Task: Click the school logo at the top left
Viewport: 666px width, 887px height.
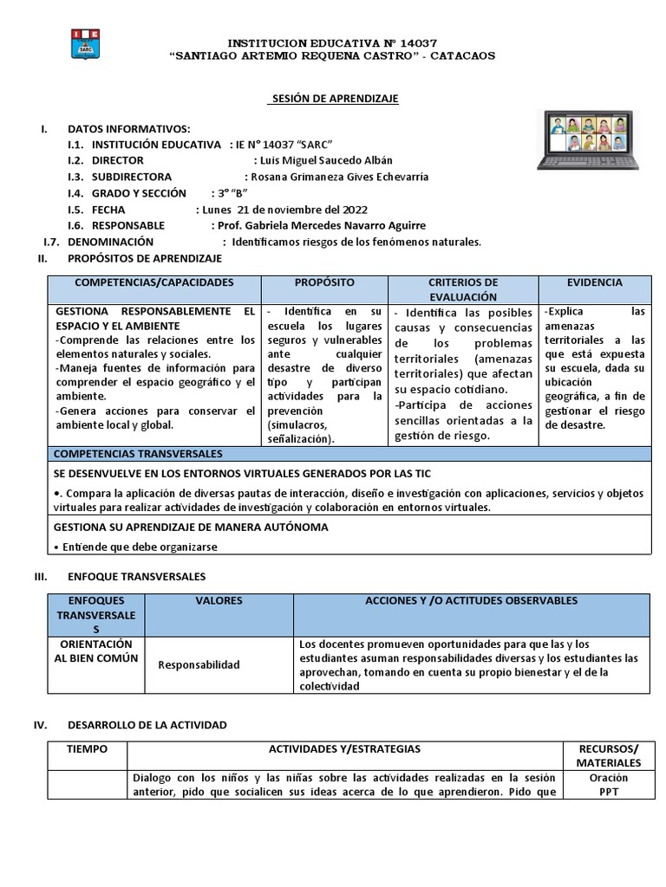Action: pos(87,45)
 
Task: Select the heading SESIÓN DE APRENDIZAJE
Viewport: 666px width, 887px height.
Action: pos(332,99)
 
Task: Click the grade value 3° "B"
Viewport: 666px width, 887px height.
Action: pos(231,192)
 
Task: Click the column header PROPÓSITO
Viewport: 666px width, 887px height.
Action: pos(323,283)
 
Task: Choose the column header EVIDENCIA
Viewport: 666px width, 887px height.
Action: pos(594,283)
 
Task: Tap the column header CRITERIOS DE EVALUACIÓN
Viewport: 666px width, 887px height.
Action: pos(463,289)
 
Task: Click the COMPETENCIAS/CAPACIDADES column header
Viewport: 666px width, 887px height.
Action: pos(154,283)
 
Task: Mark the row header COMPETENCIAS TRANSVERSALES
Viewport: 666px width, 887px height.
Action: pos(138,454)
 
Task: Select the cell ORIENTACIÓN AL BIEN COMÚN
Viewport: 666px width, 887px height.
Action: pos(97,651)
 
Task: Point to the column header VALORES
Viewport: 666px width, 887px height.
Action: pos(219,600)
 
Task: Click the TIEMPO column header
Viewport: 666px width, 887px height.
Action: pos(87,748)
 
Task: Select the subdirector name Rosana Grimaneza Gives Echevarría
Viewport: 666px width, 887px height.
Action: pos(339,177)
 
